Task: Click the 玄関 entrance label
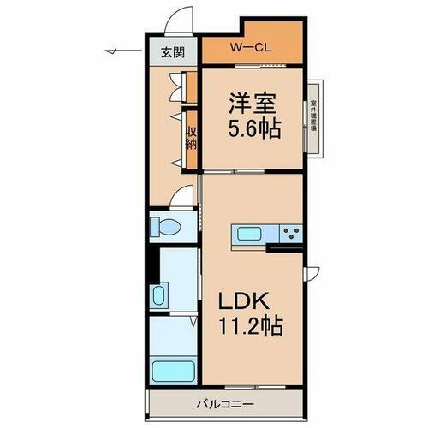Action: pyautogui.click(x=173, y=52)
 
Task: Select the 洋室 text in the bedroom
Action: pyautogui.click(x=253, y=104)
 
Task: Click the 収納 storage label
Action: pyautogui.click(x=192, y=137)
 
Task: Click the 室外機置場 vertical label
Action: pyautogui.click(x=314, y=120)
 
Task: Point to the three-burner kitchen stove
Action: pyautogui.click(x=292, y=232)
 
